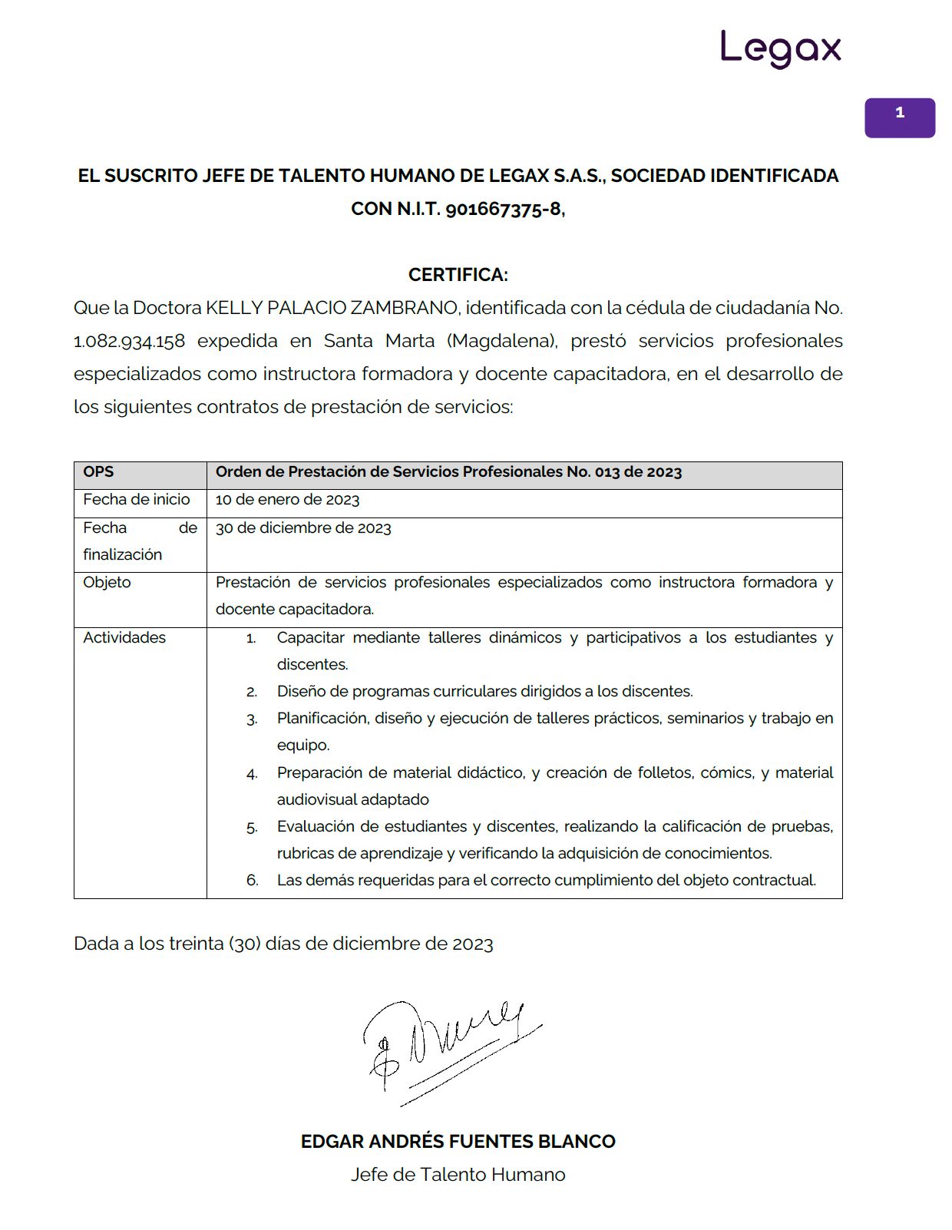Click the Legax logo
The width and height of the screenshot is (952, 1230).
[x=780, y=49]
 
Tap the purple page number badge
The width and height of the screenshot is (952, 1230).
[x=899, y=117]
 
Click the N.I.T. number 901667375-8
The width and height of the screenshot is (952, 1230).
[x=503, y=209]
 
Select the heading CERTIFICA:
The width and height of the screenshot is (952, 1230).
[x=458, y=274]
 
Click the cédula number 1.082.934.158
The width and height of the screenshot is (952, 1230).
[x=129, y=341]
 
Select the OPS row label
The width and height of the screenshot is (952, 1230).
[x=98, y=472]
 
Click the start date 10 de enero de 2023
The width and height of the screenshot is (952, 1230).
[x=287, y=500]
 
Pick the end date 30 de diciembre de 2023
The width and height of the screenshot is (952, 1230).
[x=303, y=528]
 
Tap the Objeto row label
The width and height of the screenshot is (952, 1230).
[x=107, y=582]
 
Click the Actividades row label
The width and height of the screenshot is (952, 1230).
[x=124, y=637]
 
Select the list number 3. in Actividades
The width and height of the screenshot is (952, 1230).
[x=252, y=719]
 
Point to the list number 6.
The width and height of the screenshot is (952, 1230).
[x=252, y=881]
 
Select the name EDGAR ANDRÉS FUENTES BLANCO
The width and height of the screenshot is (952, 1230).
[x=458, y=1142]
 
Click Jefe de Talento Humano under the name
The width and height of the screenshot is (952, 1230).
[x=458, y=1175]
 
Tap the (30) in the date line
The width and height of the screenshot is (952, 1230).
[x=244, y=944]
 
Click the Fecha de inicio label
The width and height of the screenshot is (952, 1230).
[x=137, y=500]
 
